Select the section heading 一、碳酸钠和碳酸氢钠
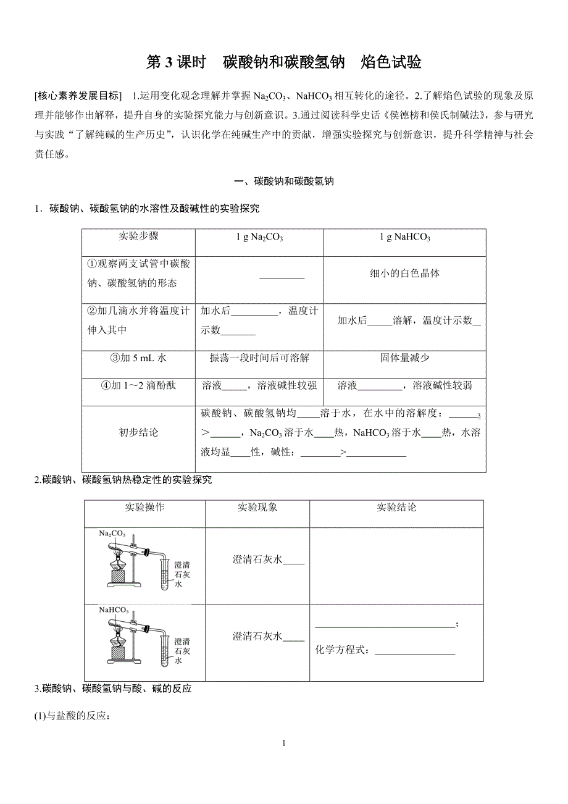coord(284,182)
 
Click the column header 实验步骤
coord(138,237)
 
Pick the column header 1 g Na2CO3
coord(259,238)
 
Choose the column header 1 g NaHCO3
coord(404,238)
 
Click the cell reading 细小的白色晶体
coord(404,274)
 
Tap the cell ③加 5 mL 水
coord(138,358)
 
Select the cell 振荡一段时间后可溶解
coord(259,358)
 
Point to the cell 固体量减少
coord(404,358)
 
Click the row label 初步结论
coord(138,432)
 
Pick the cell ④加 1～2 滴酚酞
coord(138,385)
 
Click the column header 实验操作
coord(144,508)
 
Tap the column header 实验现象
coord(257,508)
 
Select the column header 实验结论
coord(396,508)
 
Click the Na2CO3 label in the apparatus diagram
coord(112,534)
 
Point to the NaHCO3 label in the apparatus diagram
coord(114,610)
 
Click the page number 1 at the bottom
coord(283,743)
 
